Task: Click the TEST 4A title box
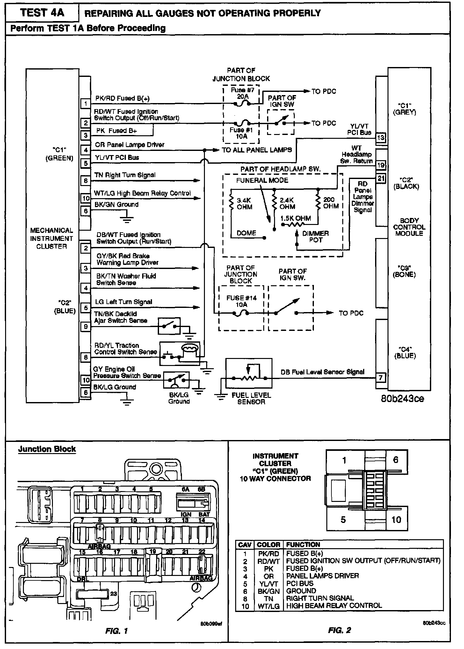pyautogui.click(x=42, y=13)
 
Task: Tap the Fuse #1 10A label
pyautogui.click(x=241, y=133)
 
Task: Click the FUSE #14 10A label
pyautogui.click(x=241, y=301)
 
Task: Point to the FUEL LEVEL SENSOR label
pyautogui.click(x=251, y=398)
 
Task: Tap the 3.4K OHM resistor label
pyautogui.click(x=244, y=204)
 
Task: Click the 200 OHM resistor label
pyautogui.click(x=331, y=203)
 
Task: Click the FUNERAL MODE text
pyautogui.click(x=262, y=180)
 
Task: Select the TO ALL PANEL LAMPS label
pyautogui.click(x=257, y=150)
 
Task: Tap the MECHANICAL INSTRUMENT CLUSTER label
pyautogui.click(x=51, y=238)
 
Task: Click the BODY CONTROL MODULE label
pyautogui.click(x=409, y=227)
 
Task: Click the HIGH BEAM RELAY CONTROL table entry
pyautogui.click(x=334, y=605)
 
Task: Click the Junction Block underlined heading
pyautogui.click(x=47, y=449)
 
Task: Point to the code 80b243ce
pyautogui.click(x=402, y=399)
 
